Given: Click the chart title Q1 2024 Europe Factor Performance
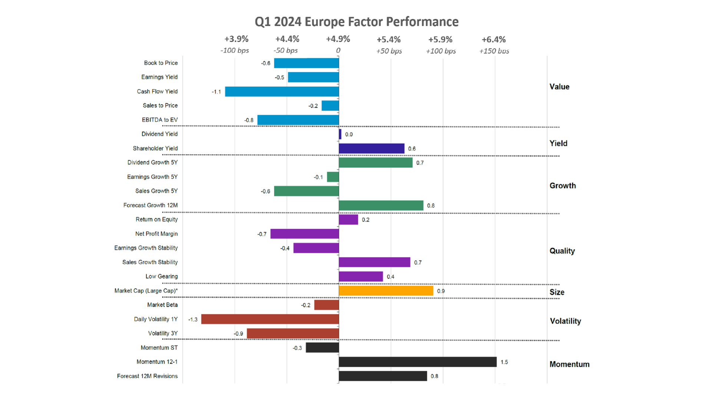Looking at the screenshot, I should pos(356,22).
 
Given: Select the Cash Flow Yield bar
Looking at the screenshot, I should pos(282,92).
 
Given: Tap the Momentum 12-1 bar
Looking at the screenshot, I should pos(418,362).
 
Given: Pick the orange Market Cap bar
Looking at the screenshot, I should pos(386,291).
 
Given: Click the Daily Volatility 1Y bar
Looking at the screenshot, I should pos(270,319).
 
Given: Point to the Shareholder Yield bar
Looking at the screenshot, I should pos(372,149).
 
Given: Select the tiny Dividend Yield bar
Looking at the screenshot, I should pos(340,134).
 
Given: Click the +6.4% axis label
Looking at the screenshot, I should pos(494,39).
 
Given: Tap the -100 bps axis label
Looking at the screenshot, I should pos(234,50).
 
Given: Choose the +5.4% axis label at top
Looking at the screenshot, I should pos(389,39).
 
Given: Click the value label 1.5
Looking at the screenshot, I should pos(504,362).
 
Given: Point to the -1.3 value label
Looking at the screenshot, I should pos(193,320).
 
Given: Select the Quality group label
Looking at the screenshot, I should pos(562,251).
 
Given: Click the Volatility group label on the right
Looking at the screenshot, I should pos(566,321).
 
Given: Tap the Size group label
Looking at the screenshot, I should pos(557,292).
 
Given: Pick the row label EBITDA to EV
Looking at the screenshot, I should pos(159,120).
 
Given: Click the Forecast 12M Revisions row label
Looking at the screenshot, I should pos(147,376).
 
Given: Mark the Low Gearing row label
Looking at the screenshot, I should pos(161,277).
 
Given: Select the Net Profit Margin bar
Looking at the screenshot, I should pos(304,234).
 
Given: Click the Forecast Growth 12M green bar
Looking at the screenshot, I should pos(381,205).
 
